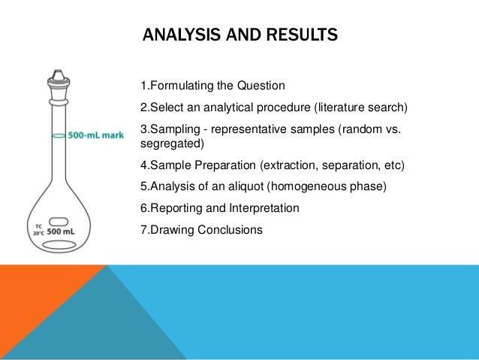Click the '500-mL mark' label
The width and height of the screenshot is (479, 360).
(x=95, y=136)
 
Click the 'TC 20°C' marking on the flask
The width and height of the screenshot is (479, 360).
(x=38, y=231)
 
